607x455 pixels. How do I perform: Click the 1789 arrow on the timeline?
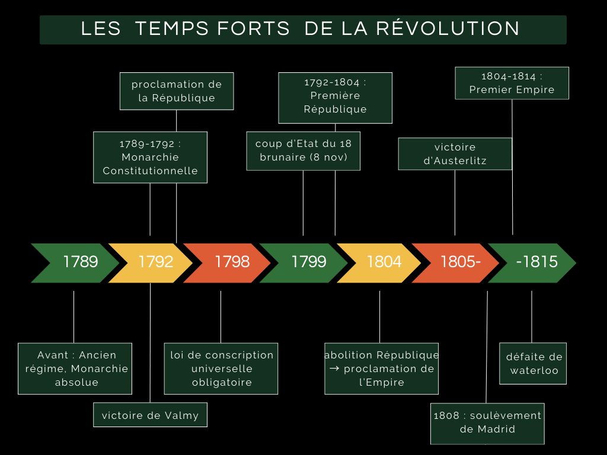pyautogui.click(x=77, y=262)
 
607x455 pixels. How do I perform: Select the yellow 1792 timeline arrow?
pyautogui.click(x=154, y=262)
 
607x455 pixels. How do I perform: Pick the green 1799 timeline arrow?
pyautogui.click(x=307, y=262)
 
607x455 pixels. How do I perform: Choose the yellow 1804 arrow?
pyautogui.click(x=383, y=262)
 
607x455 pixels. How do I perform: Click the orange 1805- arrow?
pyautogui.click(x=459, y=262)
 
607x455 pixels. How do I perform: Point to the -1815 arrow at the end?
pyautogui.click(x=535, y=262)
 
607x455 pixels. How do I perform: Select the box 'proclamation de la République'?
pyautogui.click(x=177, y=91)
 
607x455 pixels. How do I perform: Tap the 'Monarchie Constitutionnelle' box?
pyautogui.click(x=150, y=157)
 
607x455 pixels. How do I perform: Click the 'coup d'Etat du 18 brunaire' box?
pyautogui.click(x=303, y=150)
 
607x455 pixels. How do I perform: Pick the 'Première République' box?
pyautogui.click(x=335, y=97)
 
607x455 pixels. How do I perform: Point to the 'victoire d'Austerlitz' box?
pyautogui.click(x=455, y=153)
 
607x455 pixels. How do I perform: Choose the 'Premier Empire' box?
pyautogui.click(x=512, y=83)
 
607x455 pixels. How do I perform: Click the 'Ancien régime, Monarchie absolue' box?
pyautogui.click(x=75, y=368)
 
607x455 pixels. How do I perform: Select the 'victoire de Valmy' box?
pyautogui.click(x=150, y=415)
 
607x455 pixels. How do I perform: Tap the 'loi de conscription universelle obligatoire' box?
pyautogui.click(x=221, y=368)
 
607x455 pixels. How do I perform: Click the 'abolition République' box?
pyautogui.click(x=381, y=368)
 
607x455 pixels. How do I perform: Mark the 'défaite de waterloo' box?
pyautogui.click(x=533, y=363)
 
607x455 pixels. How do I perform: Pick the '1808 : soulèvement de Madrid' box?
pyautogui.click(x=487, y=423)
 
